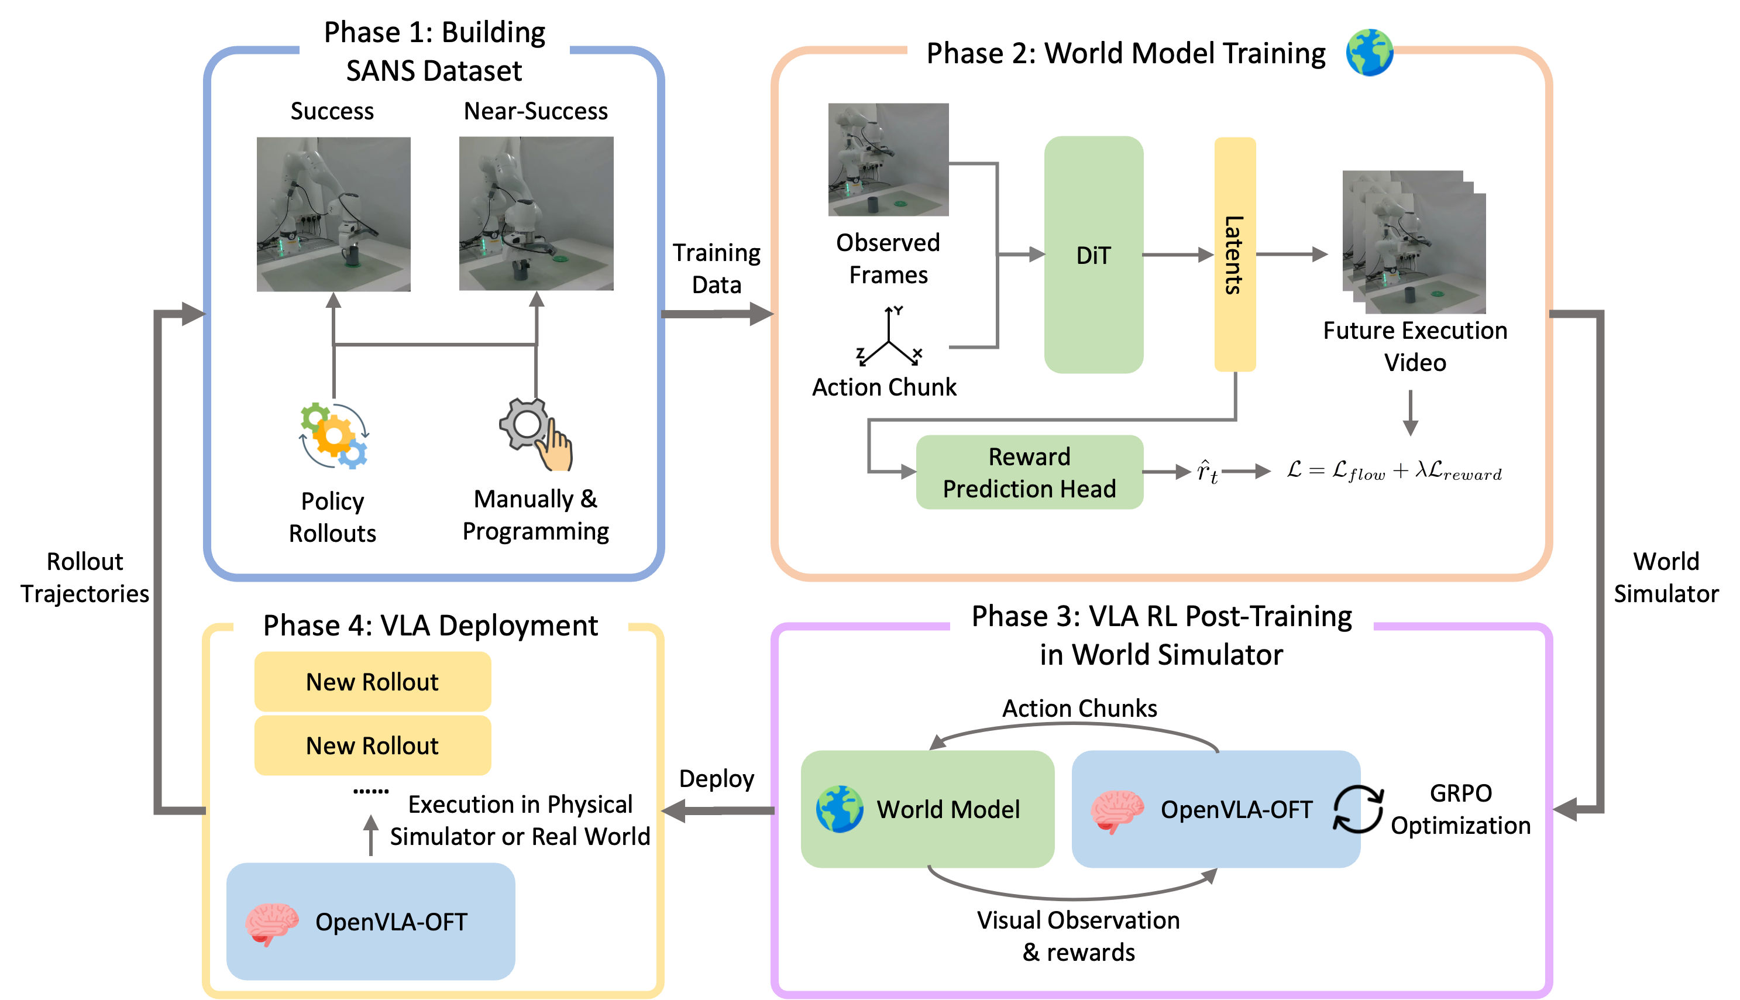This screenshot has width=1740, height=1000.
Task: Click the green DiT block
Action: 1093,255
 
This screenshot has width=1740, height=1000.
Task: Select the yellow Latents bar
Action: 1234,255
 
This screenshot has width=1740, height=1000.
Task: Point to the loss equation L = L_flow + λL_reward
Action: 1394,471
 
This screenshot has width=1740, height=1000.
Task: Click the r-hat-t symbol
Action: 1207,472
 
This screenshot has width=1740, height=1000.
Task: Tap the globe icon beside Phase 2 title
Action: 1369,52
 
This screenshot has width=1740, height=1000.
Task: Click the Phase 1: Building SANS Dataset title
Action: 434,51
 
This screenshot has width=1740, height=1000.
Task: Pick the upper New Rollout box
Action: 372,682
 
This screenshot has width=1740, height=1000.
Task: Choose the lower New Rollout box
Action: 372,746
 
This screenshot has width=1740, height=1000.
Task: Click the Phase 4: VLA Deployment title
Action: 431,626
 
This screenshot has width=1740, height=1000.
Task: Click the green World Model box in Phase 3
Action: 927,809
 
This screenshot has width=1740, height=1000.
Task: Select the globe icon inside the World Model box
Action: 839,809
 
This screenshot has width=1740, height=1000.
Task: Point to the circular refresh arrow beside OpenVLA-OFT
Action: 1347,810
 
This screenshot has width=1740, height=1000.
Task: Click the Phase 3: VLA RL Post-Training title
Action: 1161,635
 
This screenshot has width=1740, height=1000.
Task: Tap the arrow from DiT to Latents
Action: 1178,255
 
